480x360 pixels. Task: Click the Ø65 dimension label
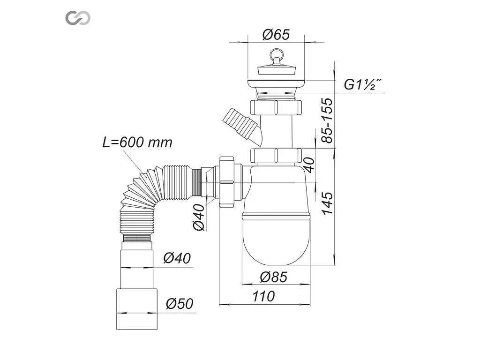pos(276,34)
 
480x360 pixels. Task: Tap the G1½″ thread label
pos(363,84)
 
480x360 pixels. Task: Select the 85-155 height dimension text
pos(327,120)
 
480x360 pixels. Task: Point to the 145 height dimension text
pos(327,203)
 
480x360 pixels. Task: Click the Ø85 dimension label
pos(274,277)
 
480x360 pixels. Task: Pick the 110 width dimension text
pos(263,296)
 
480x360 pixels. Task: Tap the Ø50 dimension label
pos(180,304)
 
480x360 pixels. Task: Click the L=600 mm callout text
pos(137,142)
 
